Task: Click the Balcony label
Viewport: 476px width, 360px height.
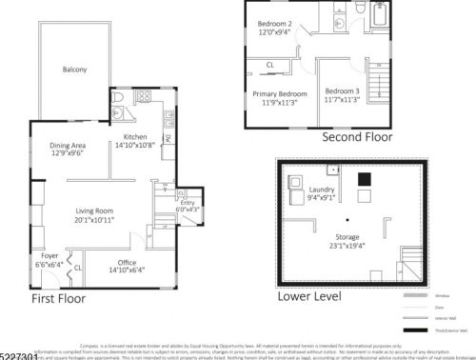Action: (x=74, y=70)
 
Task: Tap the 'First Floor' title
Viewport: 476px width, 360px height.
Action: (x=58, y=298)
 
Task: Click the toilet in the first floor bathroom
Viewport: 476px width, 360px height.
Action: (x=117, y=97)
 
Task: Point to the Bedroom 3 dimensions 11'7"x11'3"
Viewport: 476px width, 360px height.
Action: (x=343, y=98)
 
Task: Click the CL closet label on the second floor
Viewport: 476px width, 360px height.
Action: (x=270, y=65)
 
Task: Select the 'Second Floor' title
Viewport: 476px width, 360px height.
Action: (x=357, y=136)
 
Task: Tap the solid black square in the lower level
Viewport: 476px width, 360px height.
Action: (x=363, y=179)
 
